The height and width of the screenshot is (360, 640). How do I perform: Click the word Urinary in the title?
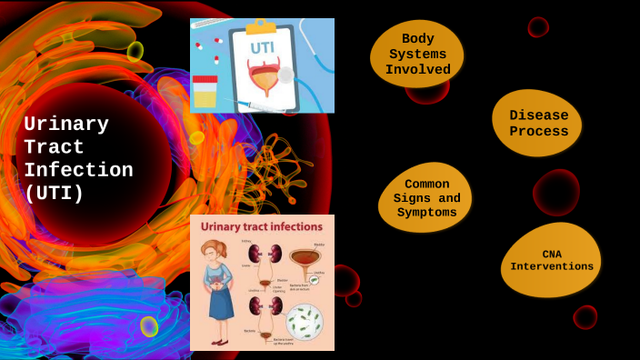click(66, 125)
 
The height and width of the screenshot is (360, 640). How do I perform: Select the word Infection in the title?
click(78, 170)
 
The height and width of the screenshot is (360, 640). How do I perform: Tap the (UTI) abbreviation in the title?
click(54, 193)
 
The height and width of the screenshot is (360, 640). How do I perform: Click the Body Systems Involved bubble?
click(417, 55)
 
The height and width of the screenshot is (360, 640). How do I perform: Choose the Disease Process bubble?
click(538, 123)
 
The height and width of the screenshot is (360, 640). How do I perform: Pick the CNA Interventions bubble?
click(551, 260)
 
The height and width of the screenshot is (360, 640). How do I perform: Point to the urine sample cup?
click(205, 92)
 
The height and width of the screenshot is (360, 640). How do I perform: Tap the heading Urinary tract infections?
click(262, 226)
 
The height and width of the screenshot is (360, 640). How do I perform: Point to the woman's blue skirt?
click(220, 304)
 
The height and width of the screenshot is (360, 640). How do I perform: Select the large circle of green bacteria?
click(304, 322)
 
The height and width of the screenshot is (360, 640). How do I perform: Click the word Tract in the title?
click(54, 147)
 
